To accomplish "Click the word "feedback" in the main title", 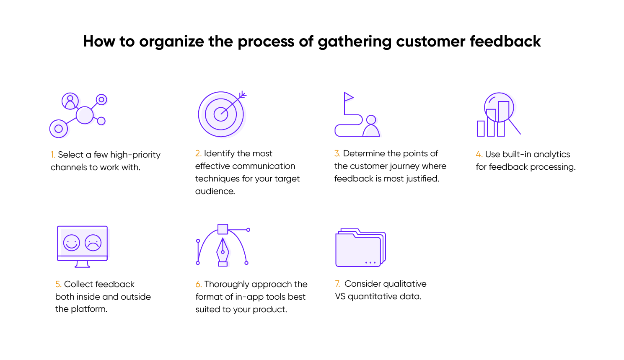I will [x=505, y=41].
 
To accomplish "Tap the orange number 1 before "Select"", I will [x=53, y=155].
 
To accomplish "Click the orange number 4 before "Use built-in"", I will [x=479, y=155].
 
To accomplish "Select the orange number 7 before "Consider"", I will [x=337, y=284].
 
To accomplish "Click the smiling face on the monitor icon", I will [x=72, y=243].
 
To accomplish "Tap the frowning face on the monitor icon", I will [x=93, y=243].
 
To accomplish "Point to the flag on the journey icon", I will [x=348, y=98].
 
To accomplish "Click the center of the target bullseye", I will [x=221, y=114].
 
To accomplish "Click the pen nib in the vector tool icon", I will [x=223, y=250].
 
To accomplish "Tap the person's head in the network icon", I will [x=70, y=98].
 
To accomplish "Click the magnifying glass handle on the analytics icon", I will [x=515, y=127].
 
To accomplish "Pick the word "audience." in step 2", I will [x=215, y=192].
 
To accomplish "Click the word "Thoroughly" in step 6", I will [x=227, y=285].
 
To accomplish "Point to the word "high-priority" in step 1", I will [x=135, y=155].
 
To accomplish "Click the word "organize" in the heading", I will [x=171, y=42].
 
